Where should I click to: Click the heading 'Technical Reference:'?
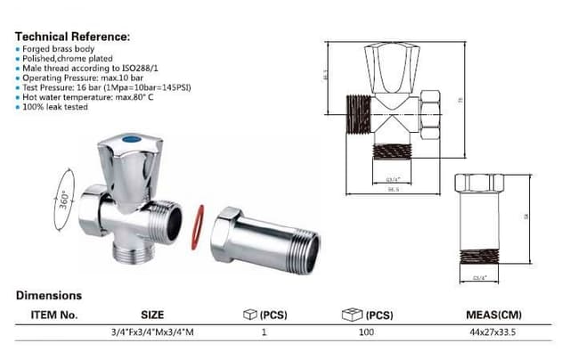click(x=72, y=37)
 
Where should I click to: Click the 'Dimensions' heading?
click(x=48, y=295)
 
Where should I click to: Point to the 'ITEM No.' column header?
click(x=55, y=315)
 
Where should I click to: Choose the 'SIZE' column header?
click(x=152, y=315)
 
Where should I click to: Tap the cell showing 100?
click(x=367, y=331)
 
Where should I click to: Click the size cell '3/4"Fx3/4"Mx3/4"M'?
click(x=152, y=331)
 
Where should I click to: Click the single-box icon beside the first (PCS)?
click(x=250, y=315)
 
